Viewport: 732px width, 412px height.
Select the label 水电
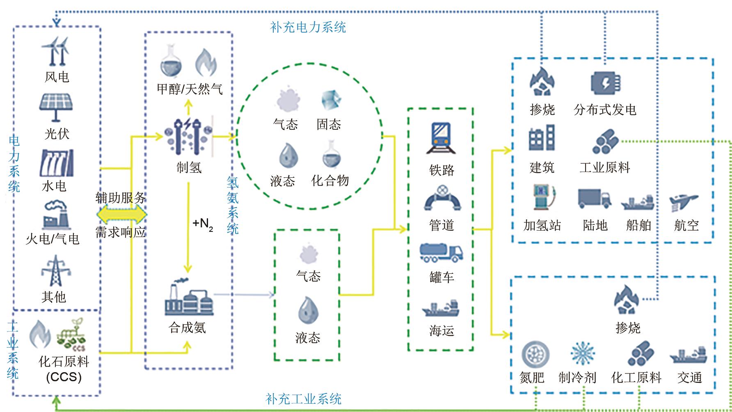click(54, 186)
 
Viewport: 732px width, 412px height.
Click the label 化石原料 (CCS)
click(64, 369)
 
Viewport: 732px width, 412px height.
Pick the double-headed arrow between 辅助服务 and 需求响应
click(121, 215)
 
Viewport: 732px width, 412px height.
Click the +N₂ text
click(203, 224)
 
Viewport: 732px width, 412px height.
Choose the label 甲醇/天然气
click(190, 89)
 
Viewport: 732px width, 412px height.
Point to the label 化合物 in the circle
click(330, 181)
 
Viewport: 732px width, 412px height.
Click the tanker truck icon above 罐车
click(441, 252)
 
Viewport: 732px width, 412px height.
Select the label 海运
click(441, 330)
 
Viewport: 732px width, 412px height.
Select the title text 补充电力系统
click(308, 27)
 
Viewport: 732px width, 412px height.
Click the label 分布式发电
click(605, 110)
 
